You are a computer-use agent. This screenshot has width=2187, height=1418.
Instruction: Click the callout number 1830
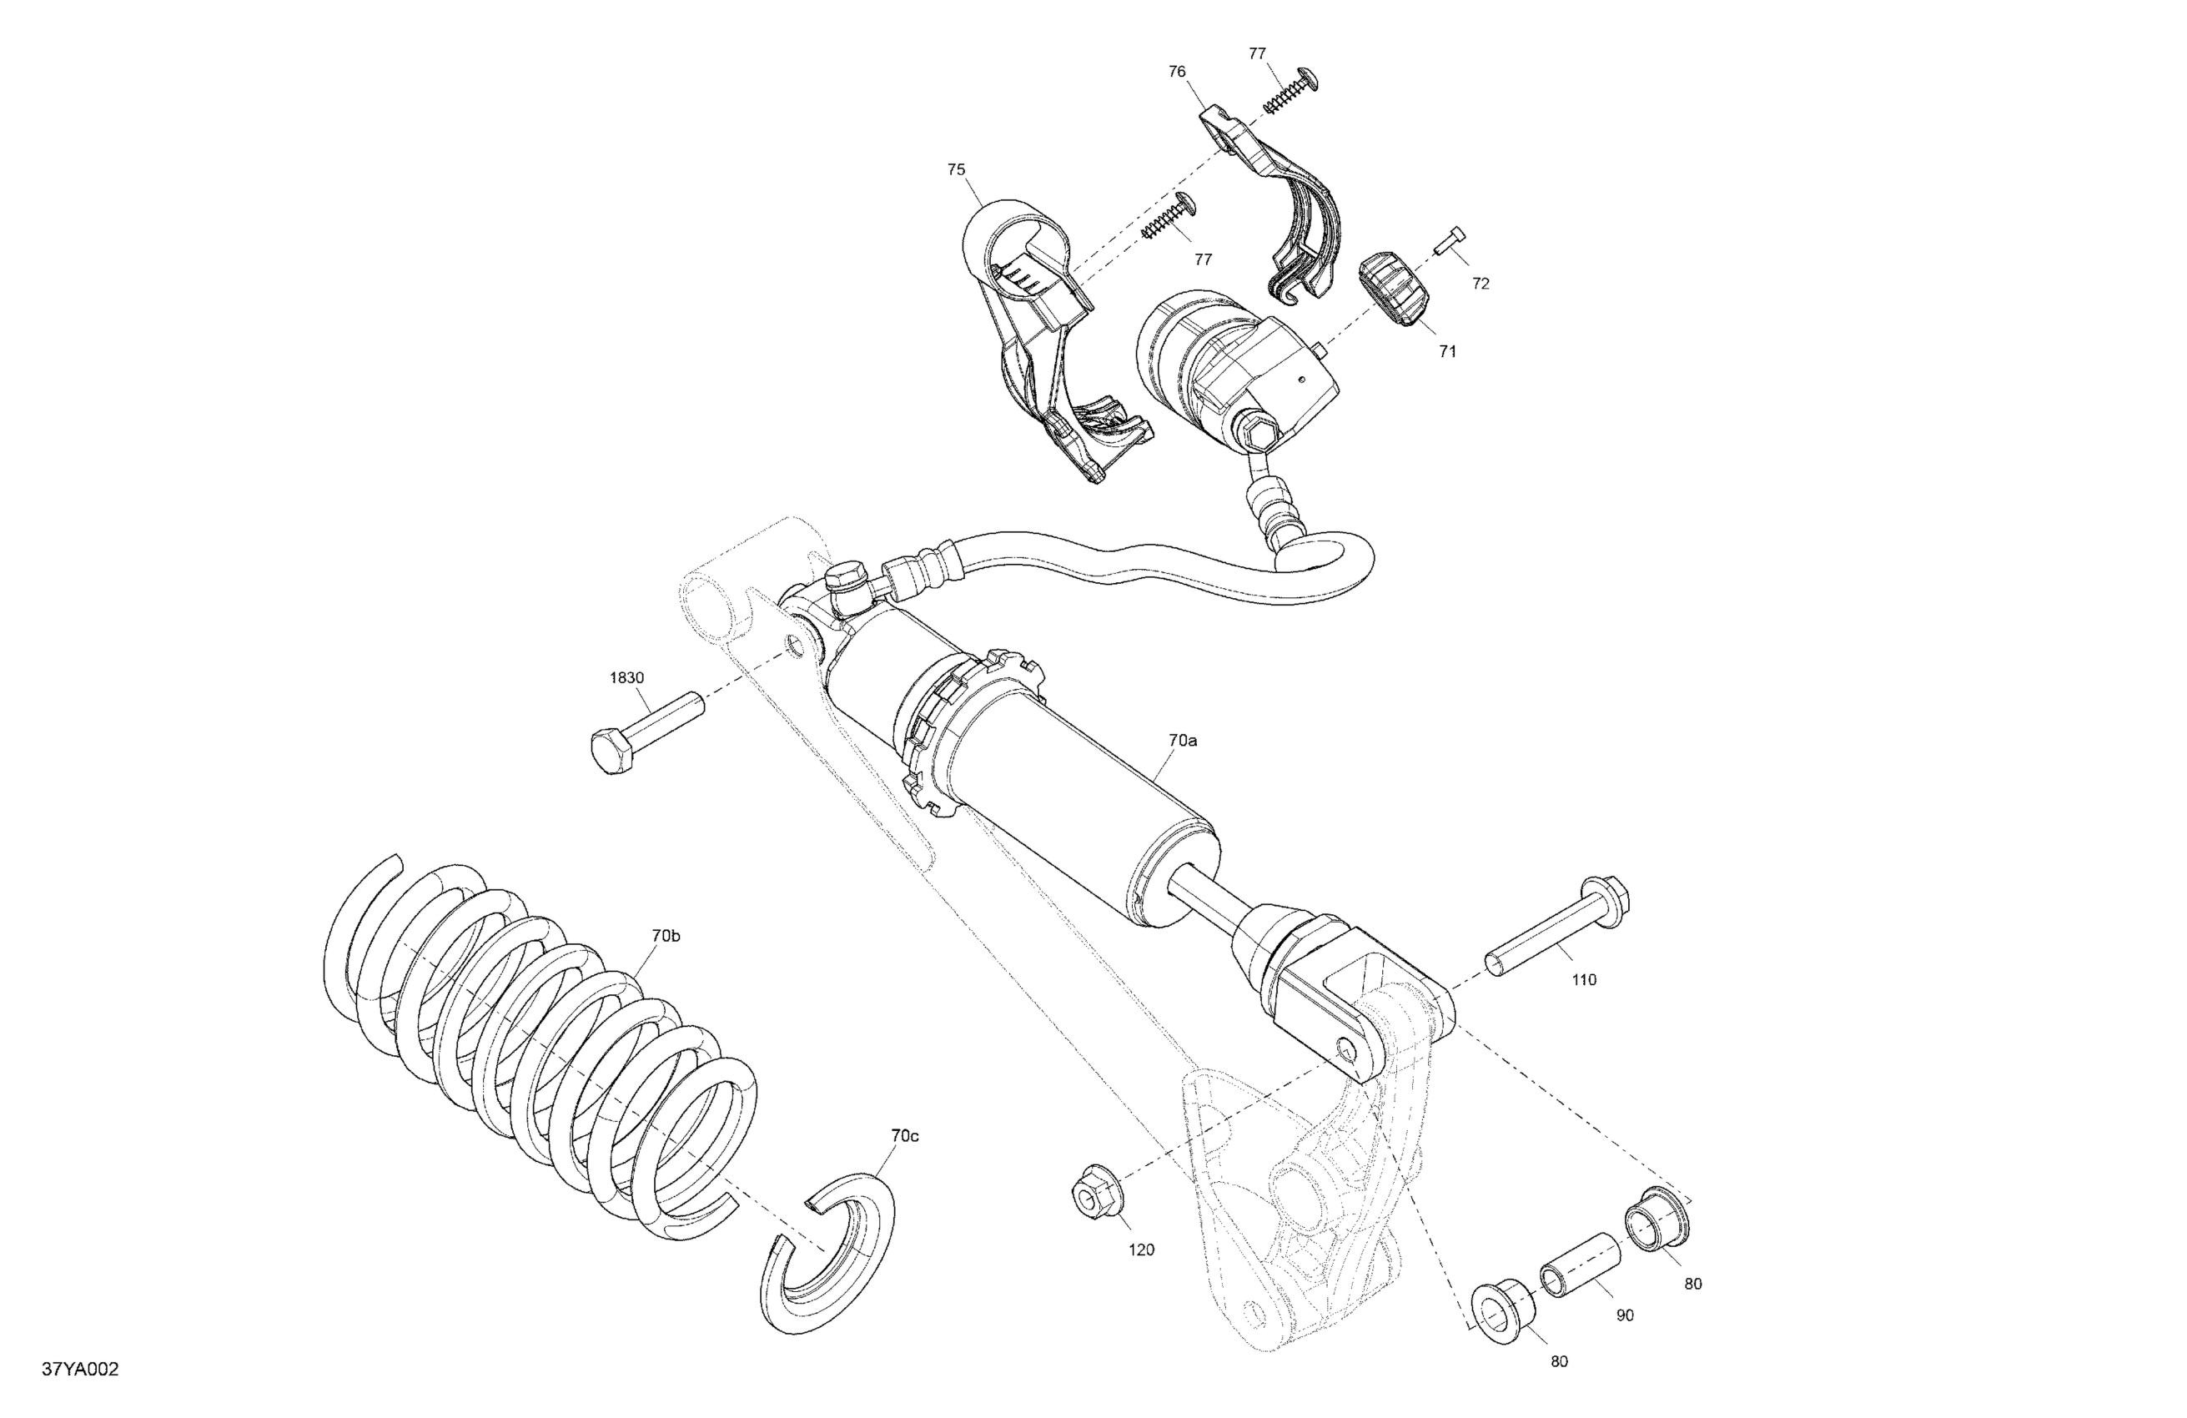[626, 678]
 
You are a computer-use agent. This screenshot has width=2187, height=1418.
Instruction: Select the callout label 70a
[1184, 740]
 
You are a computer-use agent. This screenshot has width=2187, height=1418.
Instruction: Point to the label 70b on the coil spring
[666, 936]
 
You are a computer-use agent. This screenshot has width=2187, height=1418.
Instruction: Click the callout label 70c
[904, 1136]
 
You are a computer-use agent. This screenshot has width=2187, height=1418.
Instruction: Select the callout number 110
[1584, 979]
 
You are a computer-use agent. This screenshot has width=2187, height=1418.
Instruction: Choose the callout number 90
[1625, 1315]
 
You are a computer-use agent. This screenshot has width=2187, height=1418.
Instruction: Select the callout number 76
[1177, 72]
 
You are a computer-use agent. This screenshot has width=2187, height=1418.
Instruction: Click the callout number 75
[957, 169]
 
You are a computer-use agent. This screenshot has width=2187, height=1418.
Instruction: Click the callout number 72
[1481, 284]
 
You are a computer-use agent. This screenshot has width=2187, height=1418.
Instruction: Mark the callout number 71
[1447, 351]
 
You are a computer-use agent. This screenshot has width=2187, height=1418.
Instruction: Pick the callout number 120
[1141, 1250]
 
